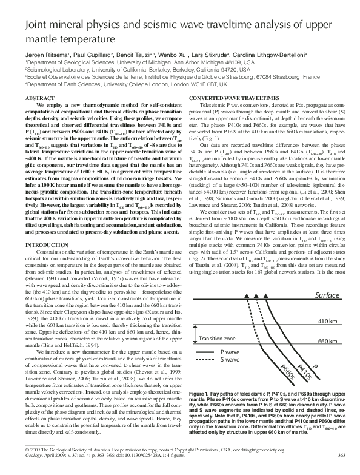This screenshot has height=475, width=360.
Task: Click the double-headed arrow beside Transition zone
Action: click(196, 332)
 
